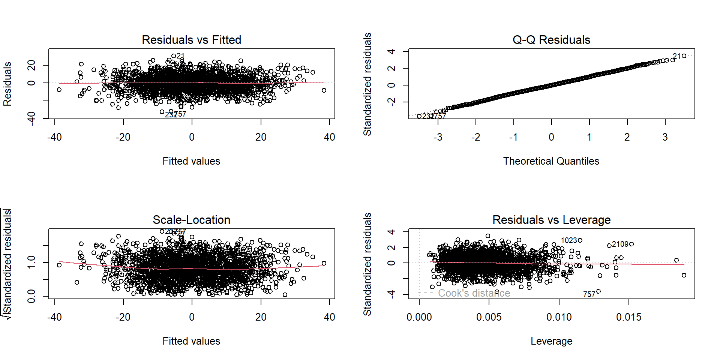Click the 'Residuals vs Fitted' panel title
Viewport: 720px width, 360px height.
(191, 40)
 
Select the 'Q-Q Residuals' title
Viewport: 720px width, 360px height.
(551, 40)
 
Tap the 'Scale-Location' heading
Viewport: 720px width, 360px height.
(191, 220)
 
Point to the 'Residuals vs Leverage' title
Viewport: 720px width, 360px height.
(551, 220)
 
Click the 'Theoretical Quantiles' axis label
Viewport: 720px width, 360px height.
(551, 161)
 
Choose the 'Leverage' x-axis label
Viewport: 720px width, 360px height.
(551, 341)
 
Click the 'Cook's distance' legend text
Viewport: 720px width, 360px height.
(474, 293)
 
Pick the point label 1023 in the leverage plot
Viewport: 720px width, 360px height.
(568, 240)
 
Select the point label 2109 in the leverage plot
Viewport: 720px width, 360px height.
(620, 244)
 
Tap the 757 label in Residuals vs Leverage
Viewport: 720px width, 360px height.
(589, 294)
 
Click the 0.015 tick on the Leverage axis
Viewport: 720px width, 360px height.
(628, 317)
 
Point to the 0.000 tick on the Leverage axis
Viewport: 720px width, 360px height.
(419, 317)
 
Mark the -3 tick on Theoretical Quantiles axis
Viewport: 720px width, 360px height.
(438, 137)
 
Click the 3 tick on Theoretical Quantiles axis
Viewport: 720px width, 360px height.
(665, 137)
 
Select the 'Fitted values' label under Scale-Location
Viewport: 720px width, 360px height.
(191, 341)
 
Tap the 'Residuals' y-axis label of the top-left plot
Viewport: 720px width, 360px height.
(7, 84)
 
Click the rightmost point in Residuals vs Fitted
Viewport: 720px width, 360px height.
(324, 90)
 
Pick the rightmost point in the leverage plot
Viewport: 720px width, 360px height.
(684, 275)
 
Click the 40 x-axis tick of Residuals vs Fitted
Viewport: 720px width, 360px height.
(329, 137)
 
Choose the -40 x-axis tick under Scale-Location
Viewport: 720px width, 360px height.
(54, 317)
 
